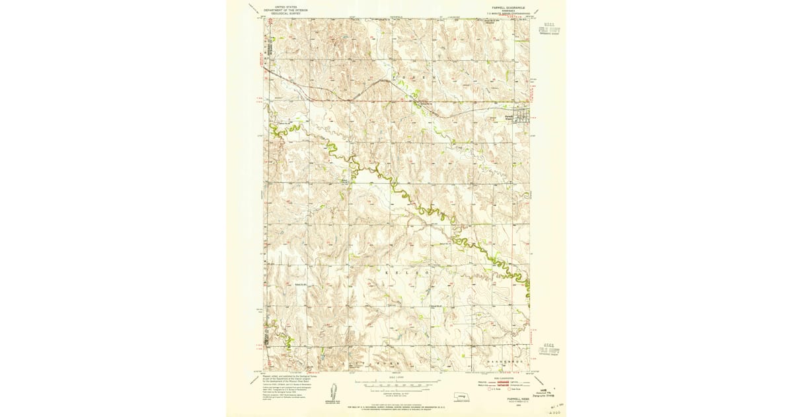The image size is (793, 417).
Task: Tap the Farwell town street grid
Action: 521,115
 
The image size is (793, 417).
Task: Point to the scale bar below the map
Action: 397,383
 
